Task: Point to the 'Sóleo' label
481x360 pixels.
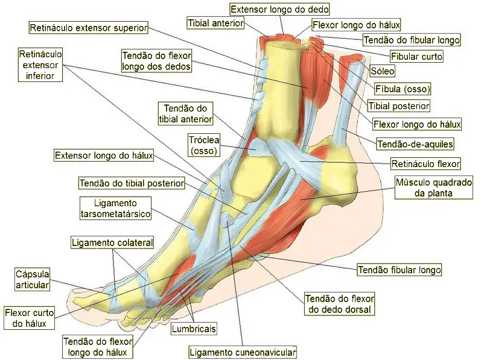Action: pos(383,71)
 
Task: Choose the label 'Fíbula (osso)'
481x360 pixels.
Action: pos(403,89)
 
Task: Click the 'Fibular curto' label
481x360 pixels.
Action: pos(416,57)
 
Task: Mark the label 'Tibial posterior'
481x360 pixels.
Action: pos(399,106)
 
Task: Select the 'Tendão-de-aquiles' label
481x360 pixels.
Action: pos(415,144)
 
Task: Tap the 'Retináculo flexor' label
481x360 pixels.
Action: pos(425,163)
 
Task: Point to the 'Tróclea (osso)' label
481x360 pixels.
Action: pos(204,145)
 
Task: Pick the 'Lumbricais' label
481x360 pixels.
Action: pos(194,329)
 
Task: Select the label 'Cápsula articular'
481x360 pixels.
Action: pos(32,279)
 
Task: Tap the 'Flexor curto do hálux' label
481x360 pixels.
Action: pos(29,318)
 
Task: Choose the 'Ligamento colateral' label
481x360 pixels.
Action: pos(112,242)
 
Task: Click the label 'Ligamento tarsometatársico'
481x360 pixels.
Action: pos(115,207)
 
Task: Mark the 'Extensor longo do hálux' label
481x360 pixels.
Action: pos(103,156)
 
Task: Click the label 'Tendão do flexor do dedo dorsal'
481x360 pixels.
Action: pos(340,305)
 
